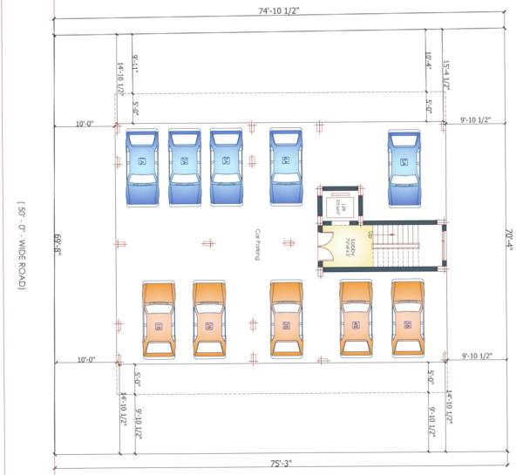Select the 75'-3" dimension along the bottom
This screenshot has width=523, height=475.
click(x=278, y=465)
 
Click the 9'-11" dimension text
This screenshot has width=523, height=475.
click(x=136, y=68)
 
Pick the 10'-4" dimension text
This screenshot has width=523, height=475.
click(x=429, y=61)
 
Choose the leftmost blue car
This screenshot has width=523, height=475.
click(x=141, y=166)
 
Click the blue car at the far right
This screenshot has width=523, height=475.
click(x=404, y=166)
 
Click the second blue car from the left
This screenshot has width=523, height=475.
click(x=184, y=166)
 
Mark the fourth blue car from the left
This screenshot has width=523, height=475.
click(x=285, y=166)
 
